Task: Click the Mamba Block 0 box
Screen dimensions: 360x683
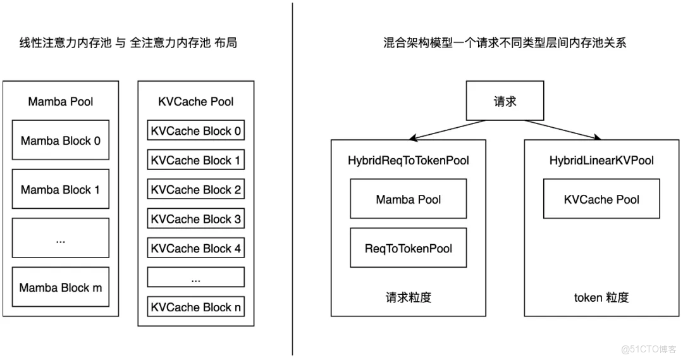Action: click(61, 140)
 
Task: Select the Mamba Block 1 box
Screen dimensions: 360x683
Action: click(61, 189)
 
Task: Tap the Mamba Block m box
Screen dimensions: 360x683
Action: click(61, 287)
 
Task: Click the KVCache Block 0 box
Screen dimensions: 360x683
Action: click(195, 131)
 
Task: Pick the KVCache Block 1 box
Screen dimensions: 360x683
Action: click(195, 160)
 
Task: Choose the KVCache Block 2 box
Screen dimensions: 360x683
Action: click(195, 189)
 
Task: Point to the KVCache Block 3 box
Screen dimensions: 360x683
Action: click(195, 219)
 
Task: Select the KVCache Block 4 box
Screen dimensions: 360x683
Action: click(195, 248)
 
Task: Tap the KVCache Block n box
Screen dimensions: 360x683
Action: click(195, 307)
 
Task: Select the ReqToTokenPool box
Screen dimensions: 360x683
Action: click(408, 248)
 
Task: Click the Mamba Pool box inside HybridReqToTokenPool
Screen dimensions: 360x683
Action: click(408, 199)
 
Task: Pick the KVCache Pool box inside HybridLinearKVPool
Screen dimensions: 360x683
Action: click(601, 199)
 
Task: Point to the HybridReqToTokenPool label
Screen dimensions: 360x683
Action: click(408, 161)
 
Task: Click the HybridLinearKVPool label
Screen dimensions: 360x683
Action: click(601, 161)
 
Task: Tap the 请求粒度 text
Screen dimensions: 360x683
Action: click(408, 297)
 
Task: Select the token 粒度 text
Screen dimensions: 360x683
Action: click(601, 297)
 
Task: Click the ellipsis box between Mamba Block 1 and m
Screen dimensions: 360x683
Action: click(61, 238)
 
